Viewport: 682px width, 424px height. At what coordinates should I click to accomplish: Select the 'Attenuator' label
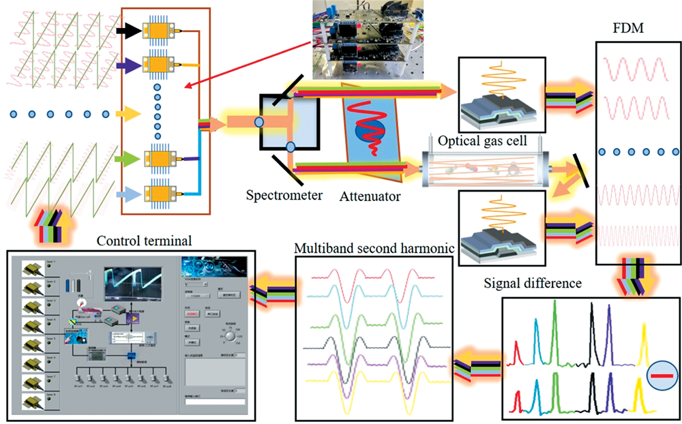point(369,196)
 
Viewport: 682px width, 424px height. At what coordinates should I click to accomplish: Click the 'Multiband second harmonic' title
point(374,247)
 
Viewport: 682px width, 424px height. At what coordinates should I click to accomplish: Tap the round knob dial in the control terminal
point(231,336)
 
